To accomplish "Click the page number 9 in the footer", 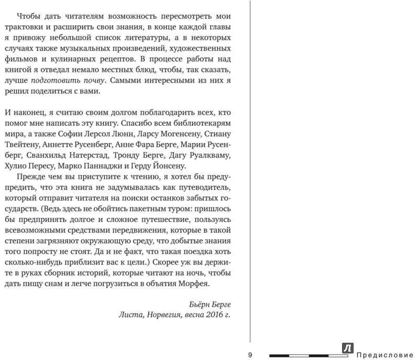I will [x=250, y=355].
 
